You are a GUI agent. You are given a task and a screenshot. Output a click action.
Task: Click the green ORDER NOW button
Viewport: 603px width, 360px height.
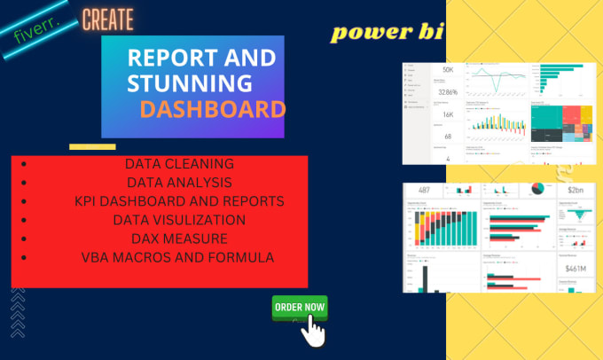click(300, 307)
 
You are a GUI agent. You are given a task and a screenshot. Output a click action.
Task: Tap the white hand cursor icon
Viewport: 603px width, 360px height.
click(312, 333)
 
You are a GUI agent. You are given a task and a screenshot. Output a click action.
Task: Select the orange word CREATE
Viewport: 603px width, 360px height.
click(107, 18)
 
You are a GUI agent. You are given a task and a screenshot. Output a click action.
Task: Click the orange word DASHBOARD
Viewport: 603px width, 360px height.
click(212, 109)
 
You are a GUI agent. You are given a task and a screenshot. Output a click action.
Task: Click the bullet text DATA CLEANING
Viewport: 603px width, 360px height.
click(179, 164)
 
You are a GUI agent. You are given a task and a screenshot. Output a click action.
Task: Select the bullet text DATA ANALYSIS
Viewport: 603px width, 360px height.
click(179, 183)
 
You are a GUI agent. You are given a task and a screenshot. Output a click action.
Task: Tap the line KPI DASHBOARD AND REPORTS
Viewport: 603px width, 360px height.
click(179, 201)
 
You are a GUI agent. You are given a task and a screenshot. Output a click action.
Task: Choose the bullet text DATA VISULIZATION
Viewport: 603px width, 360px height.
click(179, 219)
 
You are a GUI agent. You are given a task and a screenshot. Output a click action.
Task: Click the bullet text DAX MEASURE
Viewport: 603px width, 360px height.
click(179, 238)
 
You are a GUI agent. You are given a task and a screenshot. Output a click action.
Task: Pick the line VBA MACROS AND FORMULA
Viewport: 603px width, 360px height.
click(179, 256)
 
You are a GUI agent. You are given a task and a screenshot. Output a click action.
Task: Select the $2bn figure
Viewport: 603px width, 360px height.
click(576, 191)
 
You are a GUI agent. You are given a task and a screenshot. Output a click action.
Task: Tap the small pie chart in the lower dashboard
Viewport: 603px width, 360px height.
click(537, 189)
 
